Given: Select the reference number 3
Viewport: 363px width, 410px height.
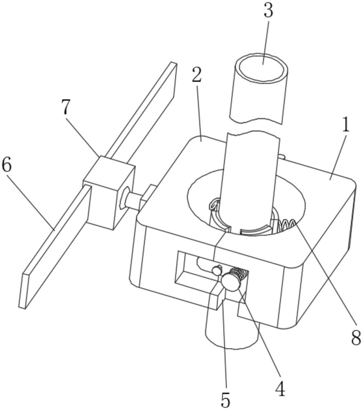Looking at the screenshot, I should (268, 11).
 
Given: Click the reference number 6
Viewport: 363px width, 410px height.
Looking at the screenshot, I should (7, 165).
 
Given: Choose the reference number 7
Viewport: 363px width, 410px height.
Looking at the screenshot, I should (66, 108).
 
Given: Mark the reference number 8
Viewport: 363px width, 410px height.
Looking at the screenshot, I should (355, 338).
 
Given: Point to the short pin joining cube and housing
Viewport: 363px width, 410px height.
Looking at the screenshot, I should (134, 200).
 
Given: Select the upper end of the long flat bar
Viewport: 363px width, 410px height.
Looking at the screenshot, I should (170, 74).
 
